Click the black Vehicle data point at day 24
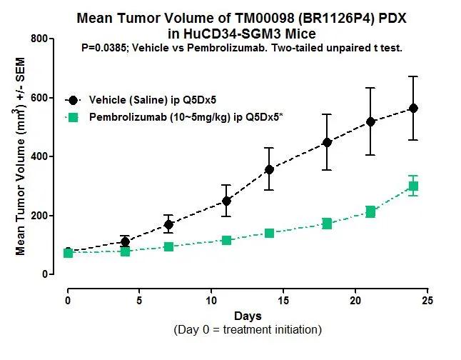coord(413,108)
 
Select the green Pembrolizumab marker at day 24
coord(413,186)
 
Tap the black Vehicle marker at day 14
coord(269,169)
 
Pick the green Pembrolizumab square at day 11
coord(226,240)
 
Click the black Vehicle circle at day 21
coord(370,121)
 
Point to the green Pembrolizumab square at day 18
coord(327,224)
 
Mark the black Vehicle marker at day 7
coord(168,224)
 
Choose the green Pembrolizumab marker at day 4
coord(126,251)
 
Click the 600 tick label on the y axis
coord(39,98)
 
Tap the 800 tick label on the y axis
coord(39,39)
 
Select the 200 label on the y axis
coord(39,216)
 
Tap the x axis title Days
coord(247,316)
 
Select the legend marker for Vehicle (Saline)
coord(74,100)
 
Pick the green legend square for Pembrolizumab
coord(74,116)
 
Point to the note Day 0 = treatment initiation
coord(247,330)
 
